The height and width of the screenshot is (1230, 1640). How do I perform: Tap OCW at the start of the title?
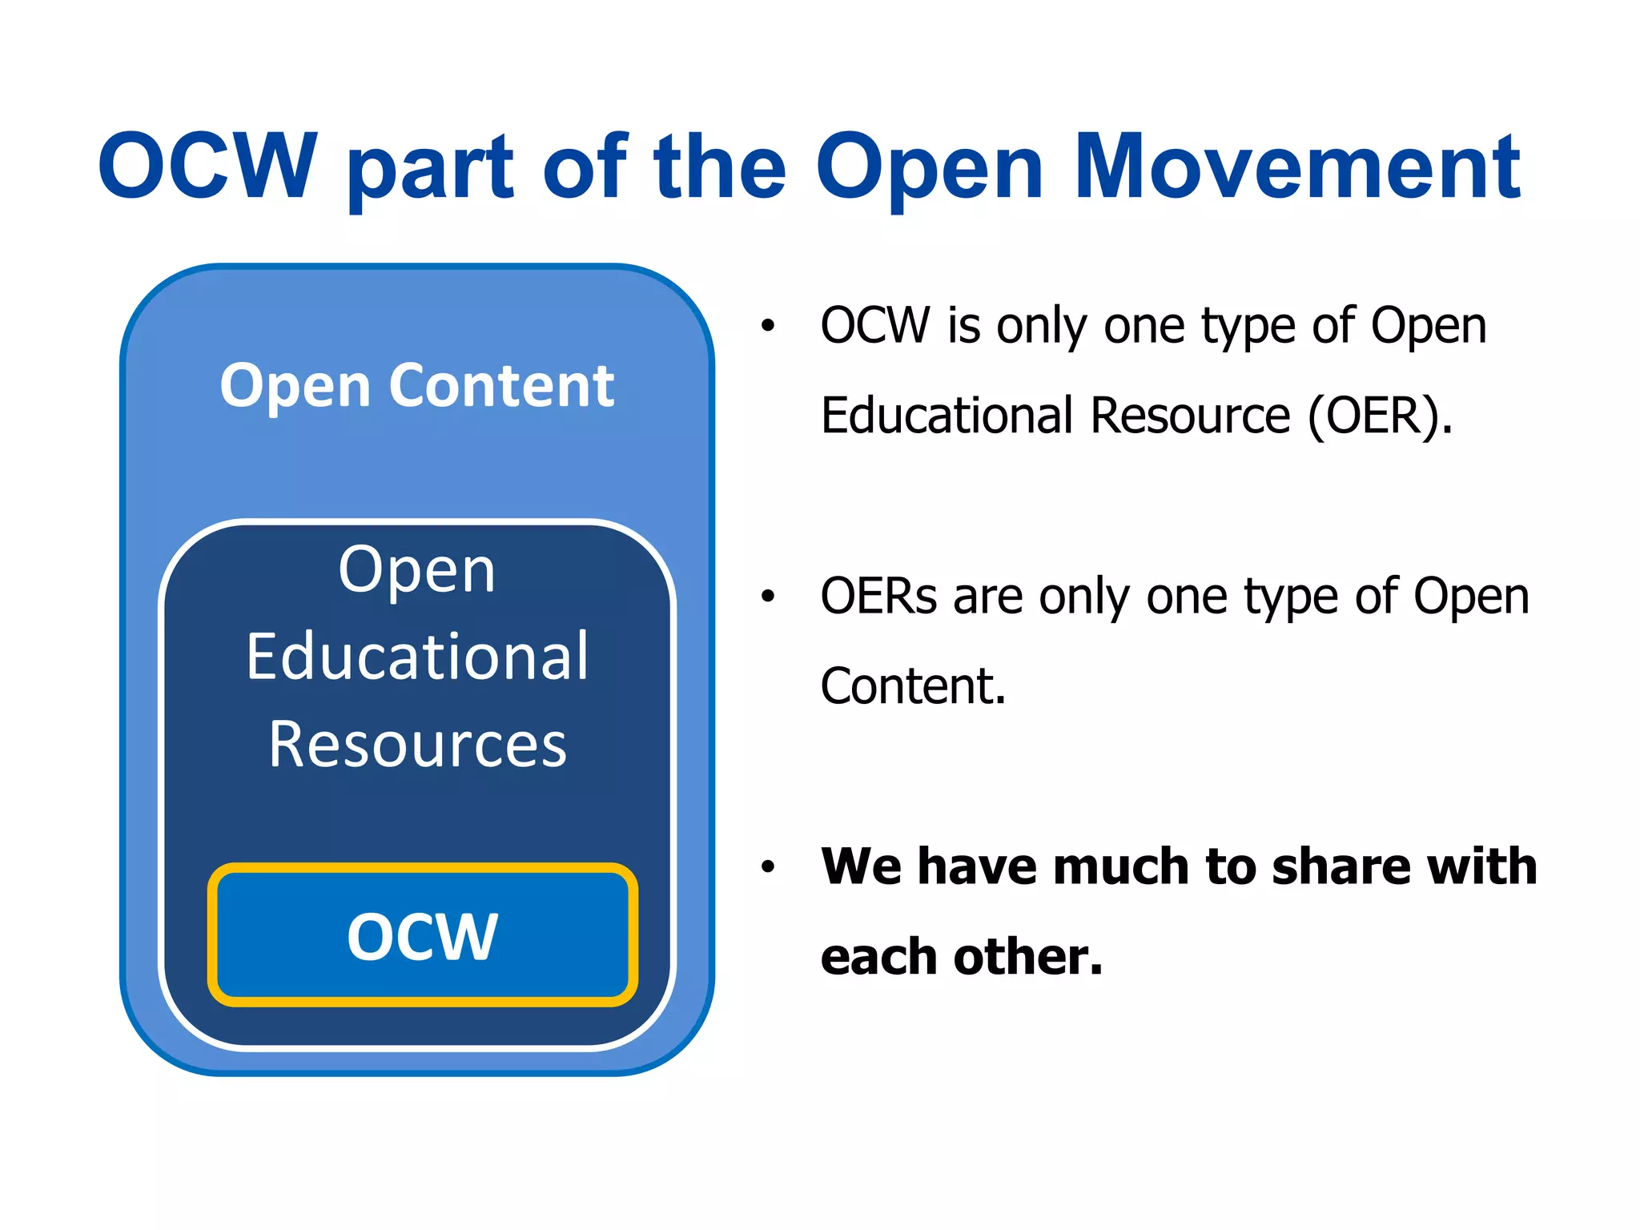(207, 167)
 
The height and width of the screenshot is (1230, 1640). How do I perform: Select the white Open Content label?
(416, 386)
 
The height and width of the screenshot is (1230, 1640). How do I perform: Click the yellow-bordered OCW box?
(422, 935)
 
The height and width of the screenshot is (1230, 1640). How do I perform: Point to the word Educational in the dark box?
(417, 657)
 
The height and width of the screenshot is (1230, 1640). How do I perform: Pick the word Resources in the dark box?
(417, 745)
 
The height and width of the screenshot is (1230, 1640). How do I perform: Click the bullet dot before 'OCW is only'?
(768, 326)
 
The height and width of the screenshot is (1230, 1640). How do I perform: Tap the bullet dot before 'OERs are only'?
(768, 597)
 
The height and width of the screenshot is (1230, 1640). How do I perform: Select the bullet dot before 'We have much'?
(768, 866)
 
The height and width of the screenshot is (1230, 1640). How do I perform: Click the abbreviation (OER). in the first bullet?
(1379, 416)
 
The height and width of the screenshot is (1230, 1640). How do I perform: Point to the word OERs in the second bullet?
(878, 597)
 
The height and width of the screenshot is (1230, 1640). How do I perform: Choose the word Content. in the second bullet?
(913, 686)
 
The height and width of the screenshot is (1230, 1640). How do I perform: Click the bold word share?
(1328, 866)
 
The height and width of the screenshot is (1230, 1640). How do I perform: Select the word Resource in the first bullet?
(1190, 416)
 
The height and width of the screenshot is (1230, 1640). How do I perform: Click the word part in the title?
(431, 170)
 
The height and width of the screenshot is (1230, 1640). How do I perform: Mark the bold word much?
(1122, 866)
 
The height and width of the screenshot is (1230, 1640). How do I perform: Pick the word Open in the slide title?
(930, 170)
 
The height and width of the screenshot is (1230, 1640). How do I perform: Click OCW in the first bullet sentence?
(875, 326)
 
